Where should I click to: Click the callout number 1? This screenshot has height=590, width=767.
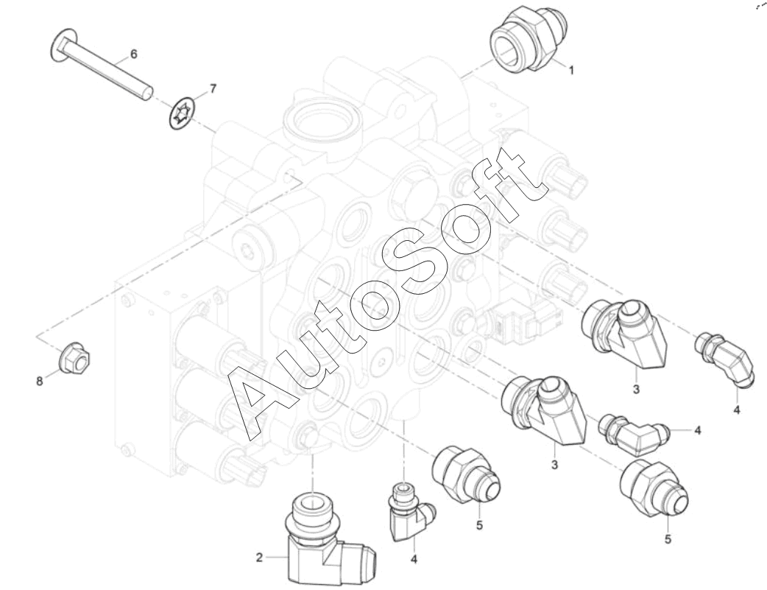pos(570,70)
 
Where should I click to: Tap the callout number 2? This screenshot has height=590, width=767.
pos(259,557)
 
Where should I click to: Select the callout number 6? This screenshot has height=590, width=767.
pos(133,53)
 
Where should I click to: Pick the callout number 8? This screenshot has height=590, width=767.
pos(40,380)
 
